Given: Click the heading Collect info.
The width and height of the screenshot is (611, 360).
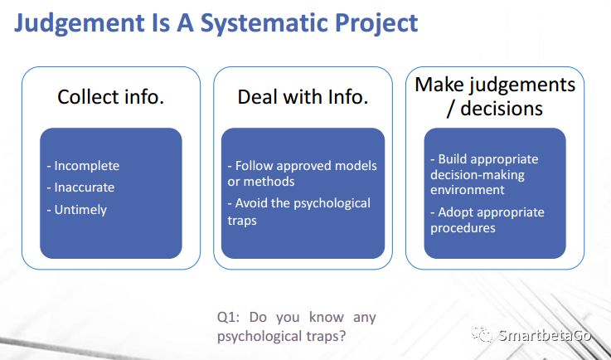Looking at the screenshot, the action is click(x=110, y=97).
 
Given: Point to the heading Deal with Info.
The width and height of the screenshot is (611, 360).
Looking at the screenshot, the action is click(x=303, y=97).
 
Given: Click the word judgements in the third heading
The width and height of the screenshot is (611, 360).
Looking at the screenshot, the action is click(x=521, y=85).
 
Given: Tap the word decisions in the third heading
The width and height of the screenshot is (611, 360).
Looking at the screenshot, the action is click(x=502, y=108).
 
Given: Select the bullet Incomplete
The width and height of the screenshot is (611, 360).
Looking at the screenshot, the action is click(x=83, y=166).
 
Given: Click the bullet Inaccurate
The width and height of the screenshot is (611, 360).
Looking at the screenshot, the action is click(x=80, y=187).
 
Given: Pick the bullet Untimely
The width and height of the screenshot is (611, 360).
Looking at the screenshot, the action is click(x=77, y=210).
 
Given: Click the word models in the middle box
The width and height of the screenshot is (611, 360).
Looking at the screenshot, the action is click(x=356, y=166).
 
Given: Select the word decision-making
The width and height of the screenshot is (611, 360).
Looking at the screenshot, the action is click(x=478, y=175).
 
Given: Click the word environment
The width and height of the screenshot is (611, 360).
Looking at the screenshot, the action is click(x=468, y=190).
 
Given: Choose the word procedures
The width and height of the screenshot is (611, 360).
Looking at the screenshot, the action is click(x=463, y=228).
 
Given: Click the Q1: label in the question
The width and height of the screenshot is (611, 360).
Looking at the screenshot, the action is click(x=228, y=317).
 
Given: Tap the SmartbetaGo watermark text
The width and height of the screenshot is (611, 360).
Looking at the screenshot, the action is click(x=545, y=335).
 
